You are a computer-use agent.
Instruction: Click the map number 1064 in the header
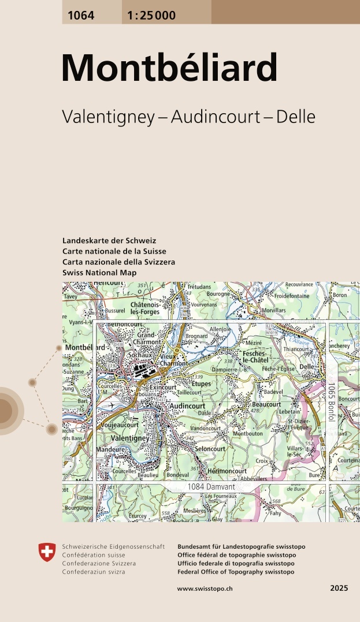[x=81, y=16]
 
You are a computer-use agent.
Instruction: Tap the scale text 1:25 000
[x=149, y=16]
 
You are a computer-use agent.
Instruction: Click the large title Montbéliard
[x=169, y=68]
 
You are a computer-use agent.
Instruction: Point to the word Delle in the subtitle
[x=296, y=117]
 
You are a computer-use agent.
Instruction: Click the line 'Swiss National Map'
[x=99, y=273]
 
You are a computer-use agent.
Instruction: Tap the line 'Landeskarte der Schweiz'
[x=109, y=241]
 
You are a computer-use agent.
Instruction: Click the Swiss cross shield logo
[x=47, y=552]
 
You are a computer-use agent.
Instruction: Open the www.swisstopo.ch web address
[x=205, y=589]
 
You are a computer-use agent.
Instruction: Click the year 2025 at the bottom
[x=339, y=589]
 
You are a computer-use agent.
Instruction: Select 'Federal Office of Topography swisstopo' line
[x=236, y=572]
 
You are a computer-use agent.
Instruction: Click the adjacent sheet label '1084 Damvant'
[x=210, y=488]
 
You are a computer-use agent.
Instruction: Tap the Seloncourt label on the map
[x=210, y=449]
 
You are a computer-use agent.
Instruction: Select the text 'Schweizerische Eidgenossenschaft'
[x=113, y=546]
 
